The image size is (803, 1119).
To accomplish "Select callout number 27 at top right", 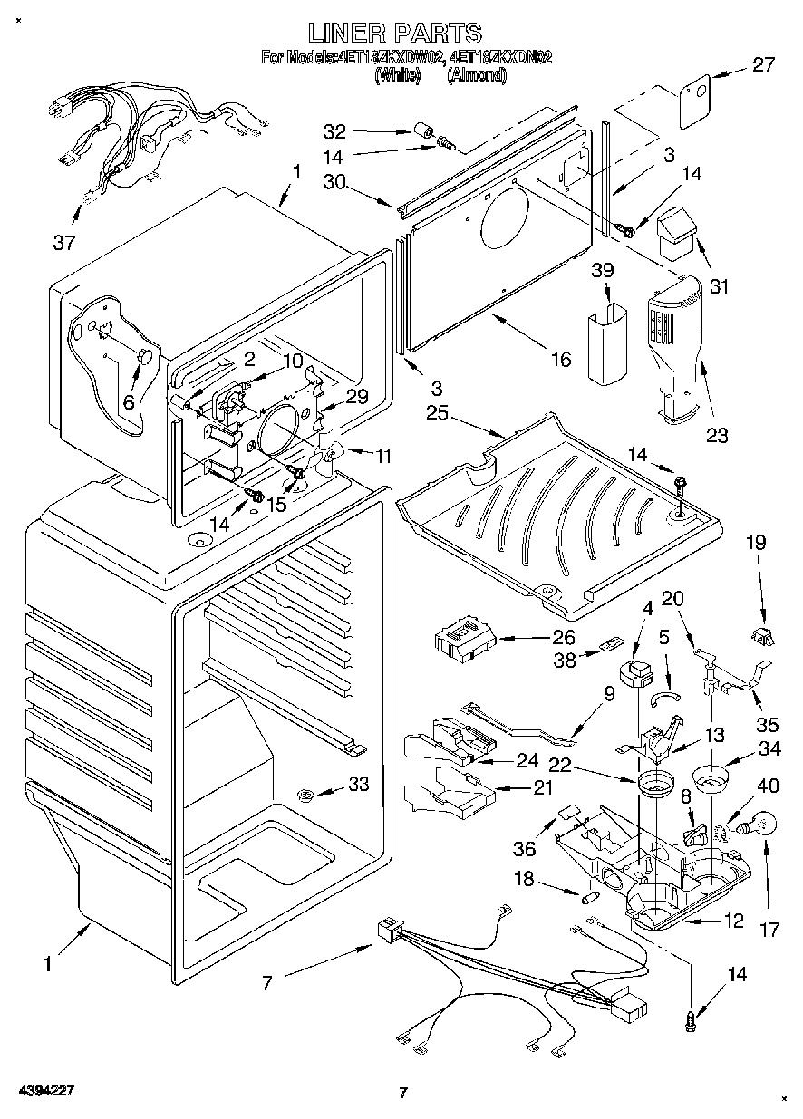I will click(763, 64).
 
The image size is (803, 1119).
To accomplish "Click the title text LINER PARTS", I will click(394, 34).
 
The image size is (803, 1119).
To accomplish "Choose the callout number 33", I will click(359, 785).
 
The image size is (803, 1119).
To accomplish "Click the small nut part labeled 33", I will click(306, 795).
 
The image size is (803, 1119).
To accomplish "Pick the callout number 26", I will click(564, 637).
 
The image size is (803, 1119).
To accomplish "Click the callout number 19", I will click(756, 544).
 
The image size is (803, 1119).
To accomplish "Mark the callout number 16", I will click(561, 360).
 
